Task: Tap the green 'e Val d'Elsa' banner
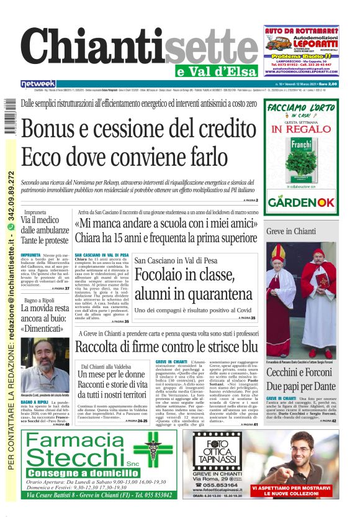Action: pos(218,70)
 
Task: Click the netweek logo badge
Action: pos(38,84)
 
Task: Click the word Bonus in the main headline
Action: pos(55,129)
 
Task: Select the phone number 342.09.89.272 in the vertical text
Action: pos(11,199)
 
